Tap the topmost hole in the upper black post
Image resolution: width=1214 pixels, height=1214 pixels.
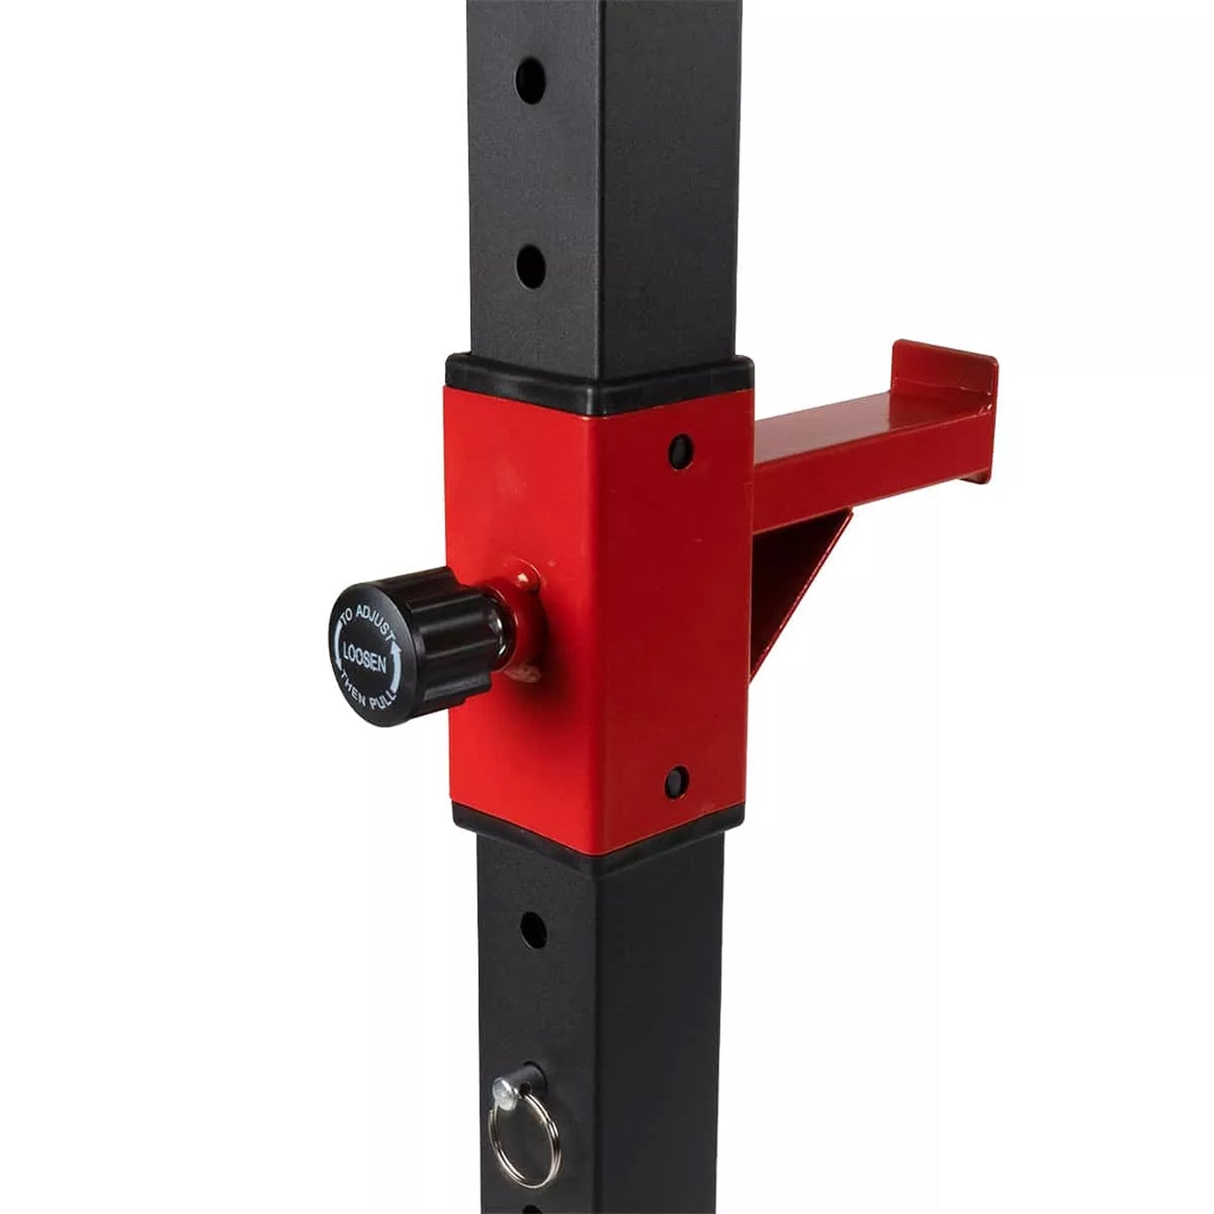[x=531, y=81]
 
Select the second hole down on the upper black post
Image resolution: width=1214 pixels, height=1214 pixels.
[x=531, y=268]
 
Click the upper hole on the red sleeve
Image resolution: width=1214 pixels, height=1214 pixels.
[x=680, y=451]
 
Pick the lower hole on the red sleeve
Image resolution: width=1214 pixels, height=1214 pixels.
[x=676, y=783]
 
